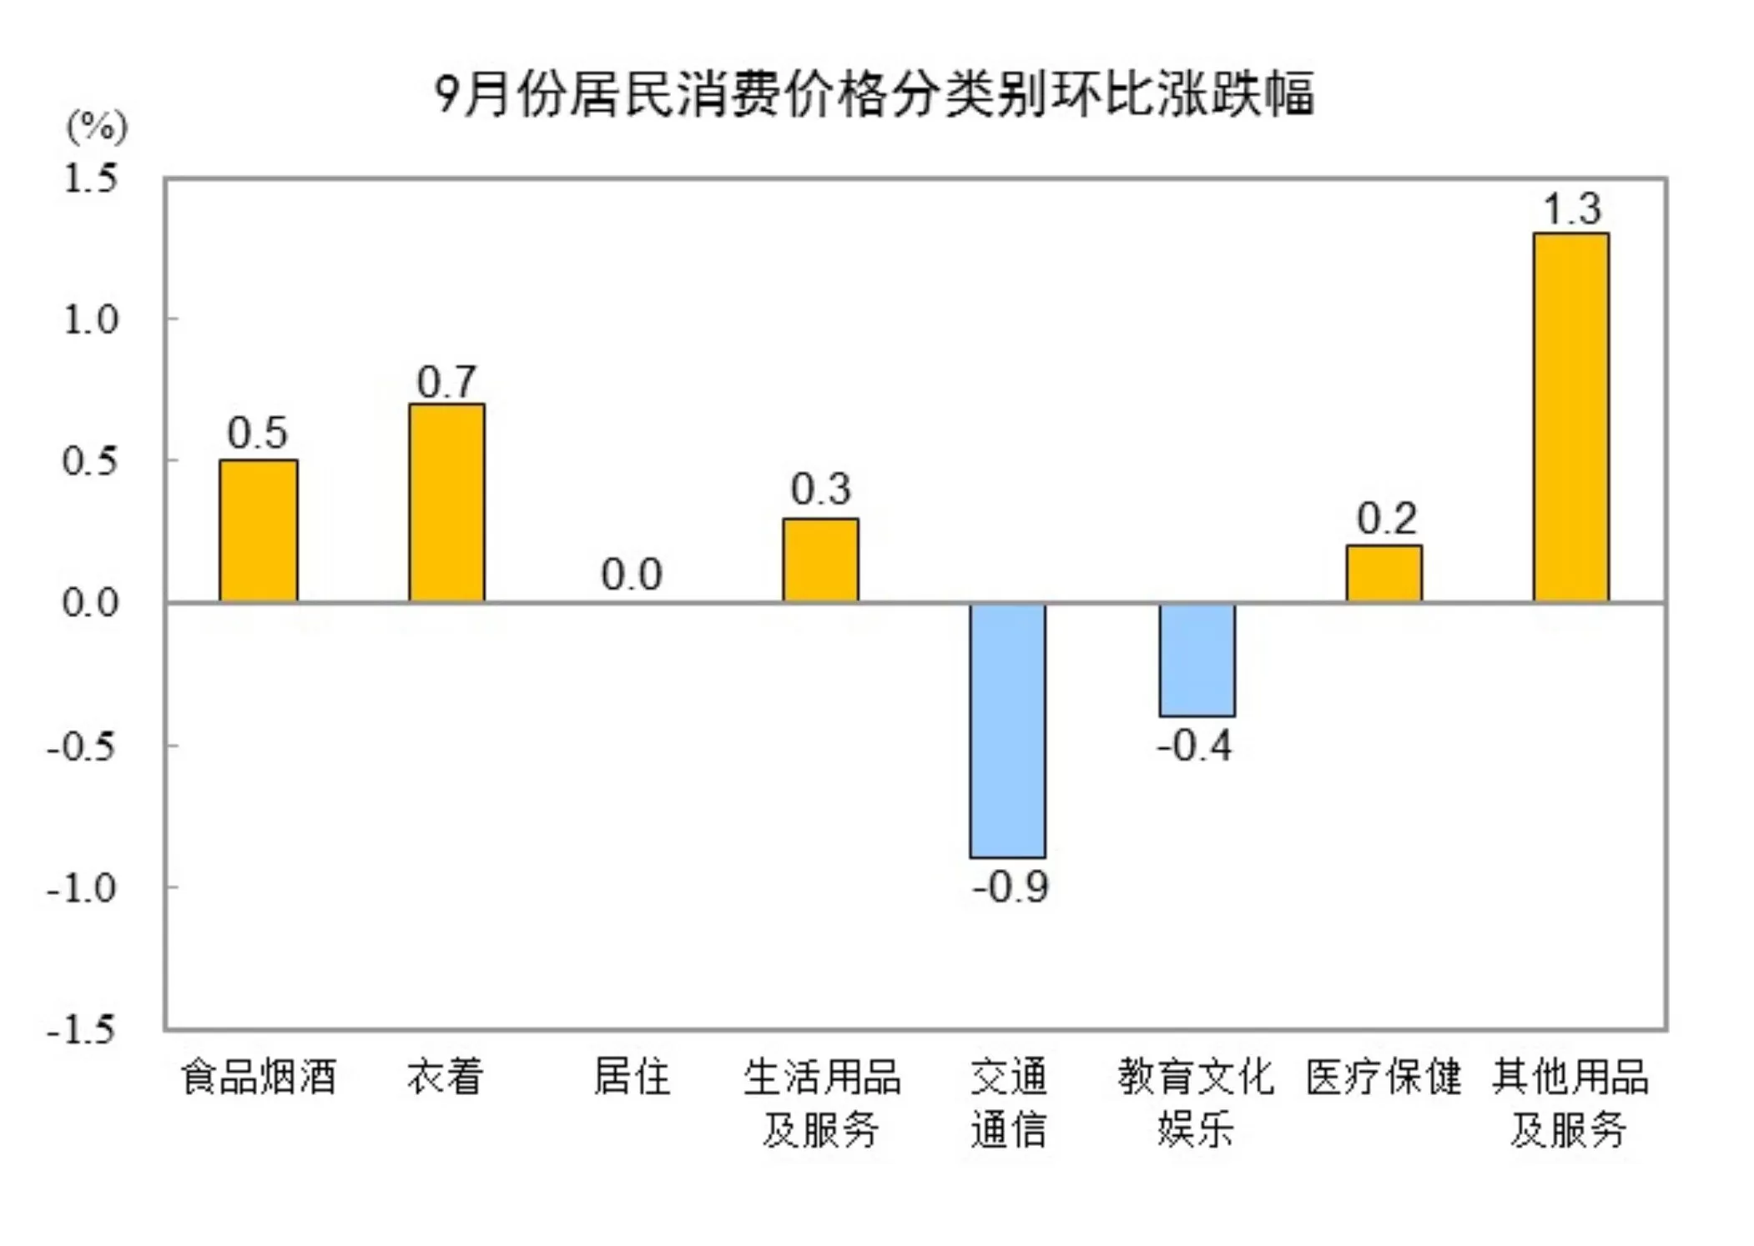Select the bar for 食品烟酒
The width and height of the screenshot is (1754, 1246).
[x=258, y=530]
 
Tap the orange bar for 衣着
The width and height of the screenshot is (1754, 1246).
[x=446, y=502]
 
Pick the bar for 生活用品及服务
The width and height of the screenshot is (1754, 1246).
[x=820, y=560]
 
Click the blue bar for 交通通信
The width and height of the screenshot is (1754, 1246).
[x=1007, y=730]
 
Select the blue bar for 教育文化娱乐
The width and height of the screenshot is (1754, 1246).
[x=1197, y=659]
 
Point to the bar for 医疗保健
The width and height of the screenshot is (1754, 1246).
[x=1384, y=573]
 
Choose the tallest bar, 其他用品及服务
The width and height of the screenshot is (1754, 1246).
[x=1570, y=417]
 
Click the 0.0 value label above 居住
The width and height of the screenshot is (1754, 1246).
[x=632, y=575]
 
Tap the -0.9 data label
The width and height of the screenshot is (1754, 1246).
[x=1011, y=887]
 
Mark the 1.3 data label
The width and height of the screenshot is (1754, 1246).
[x=1572, y=209]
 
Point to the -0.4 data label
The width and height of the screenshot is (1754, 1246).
[x=1194, y=745]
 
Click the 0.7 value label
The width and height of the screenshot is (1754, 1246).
[x=447, y=382]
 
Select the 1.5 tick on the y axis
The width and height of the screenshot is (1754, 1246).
[x=91, y=178]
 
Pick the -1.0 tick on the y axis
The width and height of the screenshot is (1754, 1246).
[x=82, y=888]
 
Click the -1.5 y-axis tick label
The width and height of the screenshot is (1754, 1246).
[x=82, y=1030]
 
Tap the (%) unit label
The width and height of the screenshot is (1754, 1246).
[x=97, y=127]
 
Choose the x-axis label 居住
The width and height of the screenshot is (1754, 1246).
[x=632, y=1077]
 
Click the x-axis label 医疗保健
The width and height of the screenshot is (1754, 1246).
[x=1384, y=1077]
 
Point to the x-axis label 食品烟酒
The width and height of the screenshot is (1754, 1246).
[x=259, y=1077]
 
